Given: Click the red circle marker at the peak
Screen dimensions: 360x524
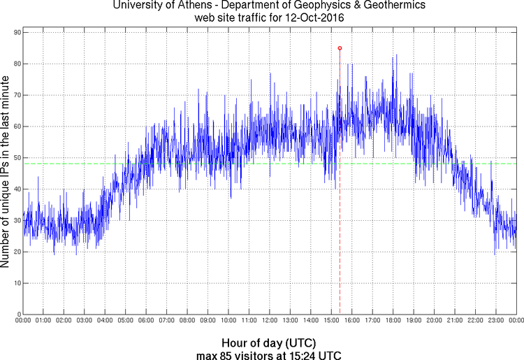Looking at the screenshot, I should pyautogui.click(x=340, y=48).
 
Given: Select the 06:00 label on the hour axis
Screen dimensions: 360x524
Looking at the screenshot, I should pyautogui.click(x=146, y=321).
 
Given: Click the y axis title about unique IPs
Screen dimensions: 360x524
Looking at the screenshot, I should pyautogui.click(x=6, y=173).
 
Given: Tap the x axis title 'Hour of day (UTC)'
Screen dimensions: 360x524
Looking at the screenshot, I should pyautogui.click(x=268, y=343).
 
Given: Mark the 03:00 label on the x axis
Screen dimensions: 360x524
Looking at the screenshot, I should pyautogui.click(x=84, y=321).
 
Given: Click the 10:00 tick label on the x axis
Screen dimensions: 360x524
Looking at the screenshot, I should pyautogui.click(x=228, y=321).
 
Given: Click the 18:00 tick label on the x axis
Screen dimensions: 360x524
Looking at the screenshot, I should pyautogui.click(x=393, y=321).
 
